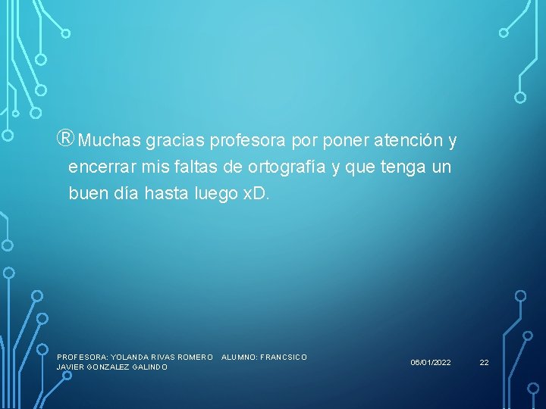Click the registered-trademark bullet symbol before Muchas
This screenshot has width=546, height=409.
pyautogui.click(x=65, y=140)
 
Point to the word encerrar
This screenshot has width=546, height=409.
pyautogui.click(x=99, y=167)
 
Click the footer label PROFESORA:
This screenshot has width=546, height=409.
pyautogui.click(x=82, y=357)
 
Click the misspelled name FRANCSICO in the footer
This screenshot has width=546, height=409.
pyautogui.click(x=284, y=357)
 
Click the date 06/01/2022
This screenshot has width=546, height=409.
pyautogui.click(x=431, y=363)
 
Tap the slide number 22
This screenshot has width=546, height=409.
pyautogui.click(x=484, y=363)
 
